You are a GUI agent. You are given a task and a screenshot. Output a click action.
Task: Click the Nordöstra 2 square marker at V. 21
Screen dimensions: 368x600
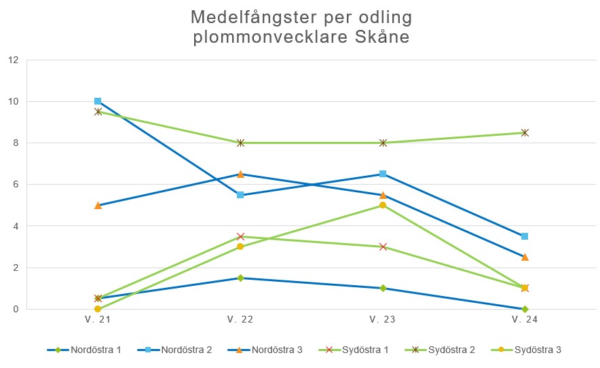coord(98,101)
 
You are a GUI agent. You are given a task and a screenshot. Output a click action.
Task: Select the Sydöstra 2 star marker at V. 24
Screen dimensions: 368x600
coord(525,132)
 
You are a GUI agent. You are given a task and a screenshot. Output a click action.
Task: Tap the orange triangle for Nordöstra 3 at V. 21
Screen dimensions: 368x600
coord(98,205)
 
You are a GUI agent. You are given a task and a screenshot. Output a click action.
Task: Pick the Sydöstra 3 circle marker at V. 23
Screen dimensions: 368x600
coord(383,205)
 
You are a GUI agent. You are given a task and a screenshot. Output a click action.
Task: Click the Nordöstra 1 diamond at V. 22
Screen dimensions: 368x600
coord(240,278)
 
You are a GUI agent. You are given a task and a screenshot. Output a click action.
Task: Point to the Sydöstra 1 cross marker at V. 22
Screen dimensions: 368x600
coord(240,236)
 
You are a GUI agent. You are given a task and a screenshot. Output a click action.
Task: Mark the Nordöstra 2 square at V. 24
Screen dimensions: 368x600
coord(525,236)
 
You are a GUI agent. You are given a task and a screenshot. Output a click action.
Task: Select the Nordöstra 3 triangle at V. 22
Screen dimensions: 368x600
coord(240,174)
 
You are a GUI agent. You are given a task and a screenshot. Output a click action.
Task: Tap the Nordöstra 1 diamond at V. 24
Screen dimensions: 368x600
coord(525,309)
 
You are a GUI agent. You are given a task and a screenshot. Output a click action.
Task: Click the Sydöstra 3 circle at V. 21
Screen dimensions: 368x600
coord(98,309)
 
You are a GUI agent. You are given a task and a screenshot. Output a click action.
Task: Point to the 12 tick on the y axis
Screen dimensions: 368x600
coord(12,60)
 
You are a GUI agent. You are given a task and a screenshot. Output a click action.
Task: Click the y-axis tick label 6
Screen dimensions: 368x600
coord(14,185)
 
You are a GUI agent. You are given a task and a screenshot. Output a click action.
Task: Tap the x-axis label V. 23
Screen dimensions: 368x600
coord(383,319)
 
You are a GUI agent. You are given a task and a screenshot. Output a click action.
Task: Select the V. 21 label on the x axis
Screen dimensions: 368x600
coord(98,319)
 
